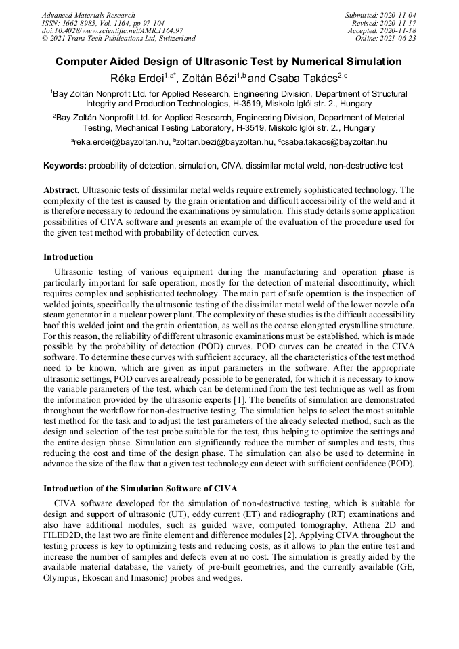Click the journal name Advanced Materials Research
(x=88, y=15)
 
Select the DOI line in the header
(x=112, y=30)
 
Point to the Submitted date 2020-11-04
(x=381, y=15)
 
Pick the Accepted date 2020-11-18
(x=382, y=30)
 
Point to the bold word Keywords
(x=64, y=166)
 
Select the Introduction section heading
(x=68, y=257)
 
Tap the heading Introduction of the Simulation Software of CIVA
(x=140, y=489)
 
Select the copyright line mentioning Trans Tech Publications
(x=118, y=39)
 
